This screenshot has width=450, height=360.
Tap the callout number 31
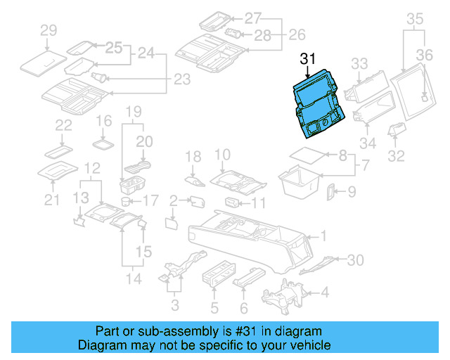308,60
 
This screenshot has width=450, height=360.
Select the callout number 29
49,30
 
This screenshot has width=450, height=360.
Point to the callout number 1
323,236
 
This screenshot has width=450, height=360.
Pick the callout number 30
355,260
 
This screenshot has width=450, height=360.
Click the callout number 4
325,292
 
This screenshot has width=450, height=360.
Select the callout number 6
244,307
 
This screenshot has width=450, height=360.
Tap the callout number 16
103,120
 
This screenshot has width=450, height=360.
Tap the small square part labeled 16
104,143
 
